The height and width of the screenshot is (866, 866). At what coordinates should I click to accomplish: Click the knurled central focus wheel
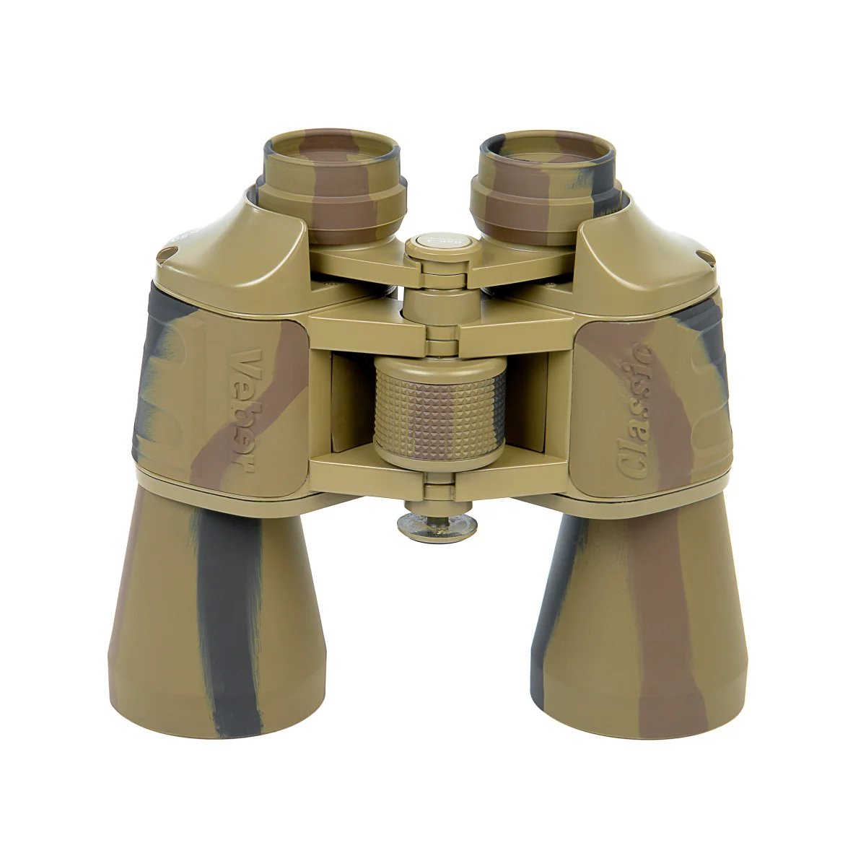coord(439,408)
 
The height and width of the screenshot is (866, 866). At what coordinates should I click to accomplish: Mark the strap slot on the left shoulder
coord(167,252)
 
